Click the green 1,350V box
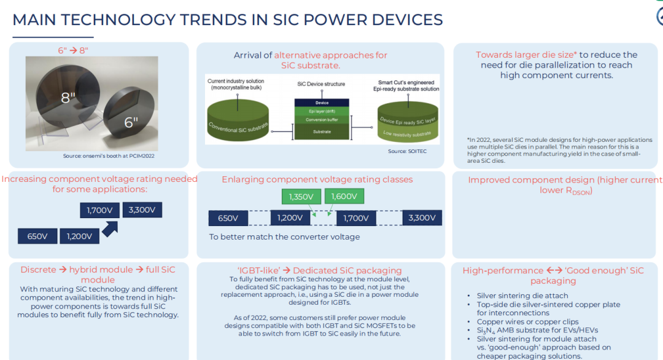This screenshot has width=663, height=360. point(301,197)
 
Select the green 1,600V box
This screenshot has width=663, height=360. point(344,197)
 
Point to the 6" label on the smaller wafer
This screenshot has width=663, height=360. point(131,122)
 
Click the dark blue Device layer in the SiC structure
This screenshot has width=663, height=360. point(322,103)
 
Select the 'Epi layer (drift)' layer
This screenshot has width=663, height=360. point(322,111)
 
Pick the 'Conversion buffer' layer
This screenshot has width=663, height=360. point(322,120)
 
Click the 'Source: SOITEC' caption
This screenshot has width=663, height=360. point(407,151)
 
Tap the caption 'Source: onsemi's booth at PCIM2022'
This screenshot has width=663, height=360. point(109,156)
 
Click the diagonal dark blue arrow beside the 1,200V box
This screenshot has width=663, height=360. point(110,229)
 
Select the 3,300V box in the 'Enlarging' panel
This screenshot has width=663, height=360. point(422,218)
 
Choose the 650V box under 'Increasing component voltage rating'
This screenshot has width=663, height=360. point(37,236)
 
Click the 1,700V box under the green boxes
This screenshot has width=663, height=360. point(356,218)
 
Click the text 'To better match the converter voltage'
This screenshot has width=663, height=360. point(285,237)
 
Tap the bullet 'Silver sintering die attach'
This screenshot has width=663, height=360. point(522,295)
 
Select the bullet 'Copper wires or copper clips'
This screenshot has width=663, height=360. point(528,321)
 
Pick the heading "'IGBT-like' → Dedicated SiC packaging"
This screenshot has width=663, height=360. point(319,270)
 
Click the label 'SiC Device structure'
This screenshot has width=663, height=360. point(321,84)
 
